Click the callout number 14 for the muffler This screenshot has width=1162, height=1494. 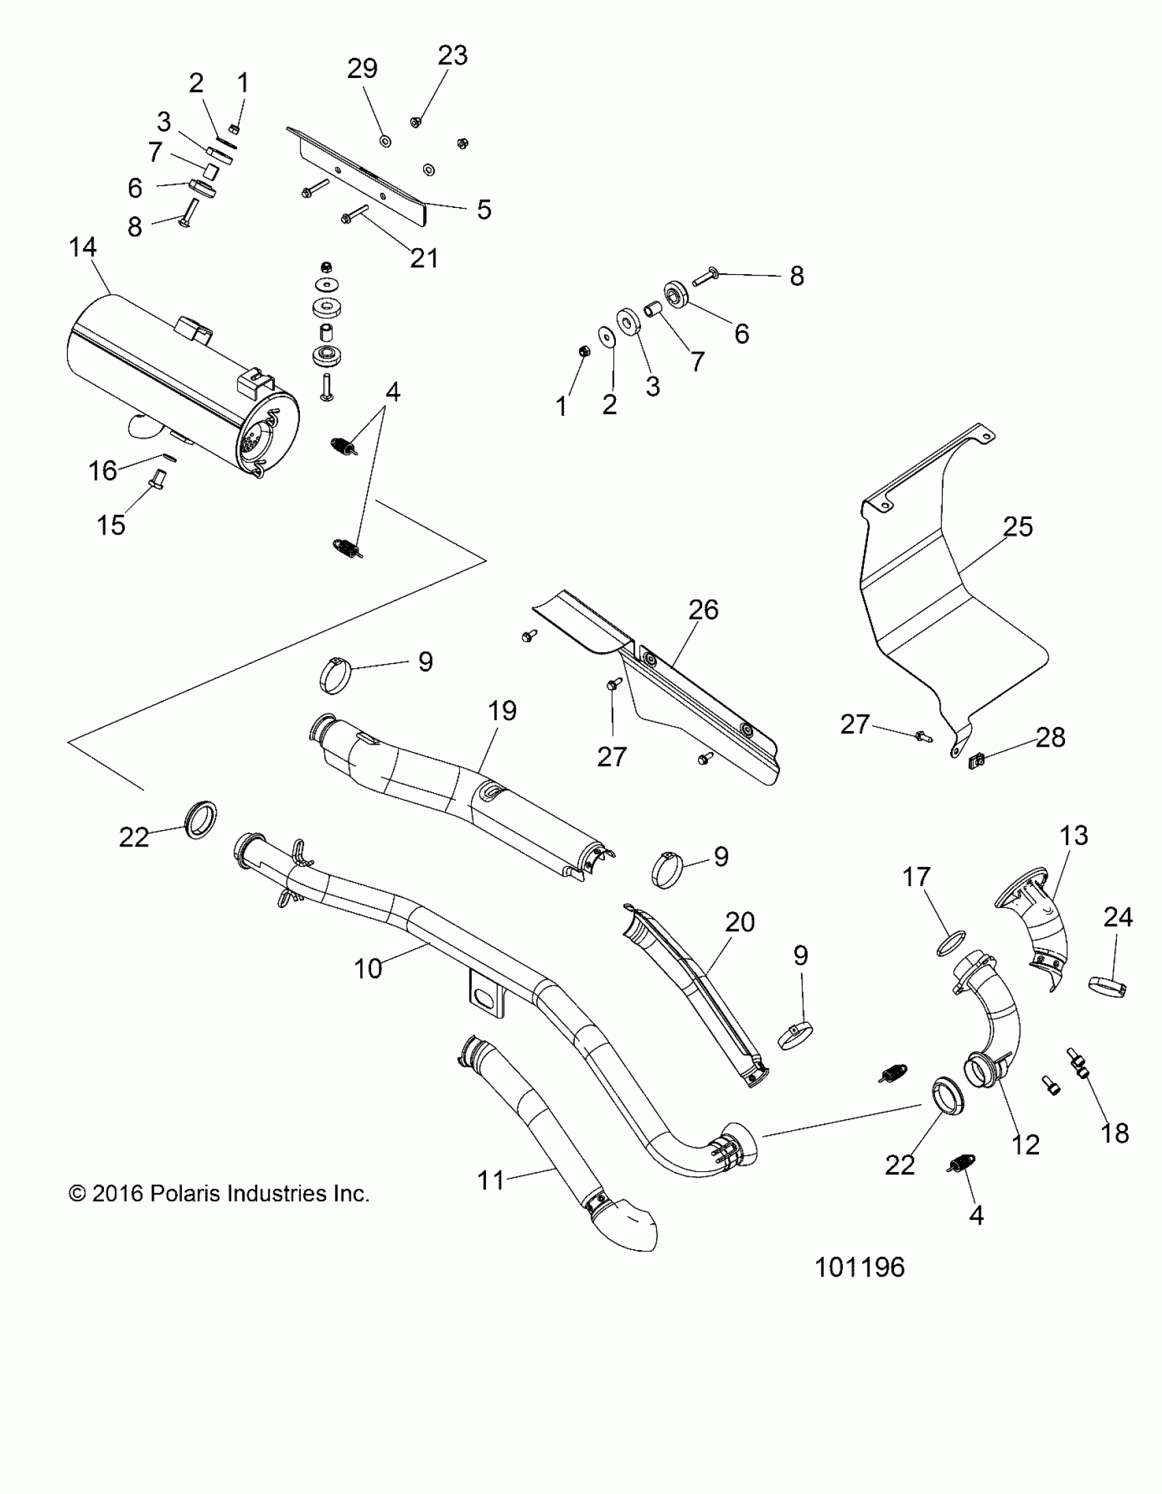(83, 247)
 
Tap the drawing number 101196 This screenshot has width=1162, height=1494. (859, 1268)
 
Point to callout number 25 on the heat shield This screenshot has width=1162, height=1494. (1017, 526)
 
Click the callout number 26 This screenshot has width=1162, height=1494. (703, 609)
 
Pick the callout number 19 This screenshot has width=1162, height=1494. (502, 710)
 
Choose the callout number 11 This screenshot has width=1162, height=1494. (490, 1180)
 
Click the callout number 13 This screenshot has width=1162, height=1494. (1073, 836)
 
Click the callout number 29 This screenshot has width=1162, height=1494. (362, 68)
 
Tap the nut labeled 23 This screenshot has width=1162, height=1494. (414, 122)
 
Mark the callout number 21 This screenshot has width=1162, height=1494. (423, 258)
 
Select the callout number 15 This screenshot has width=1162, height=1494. (111, 525)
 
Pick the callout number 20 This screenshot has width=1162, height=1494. (740, 922)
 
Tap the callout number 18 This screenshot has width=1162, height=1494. (1115, 1134)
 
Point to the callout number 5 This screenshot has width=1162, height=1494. (483, 209)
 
